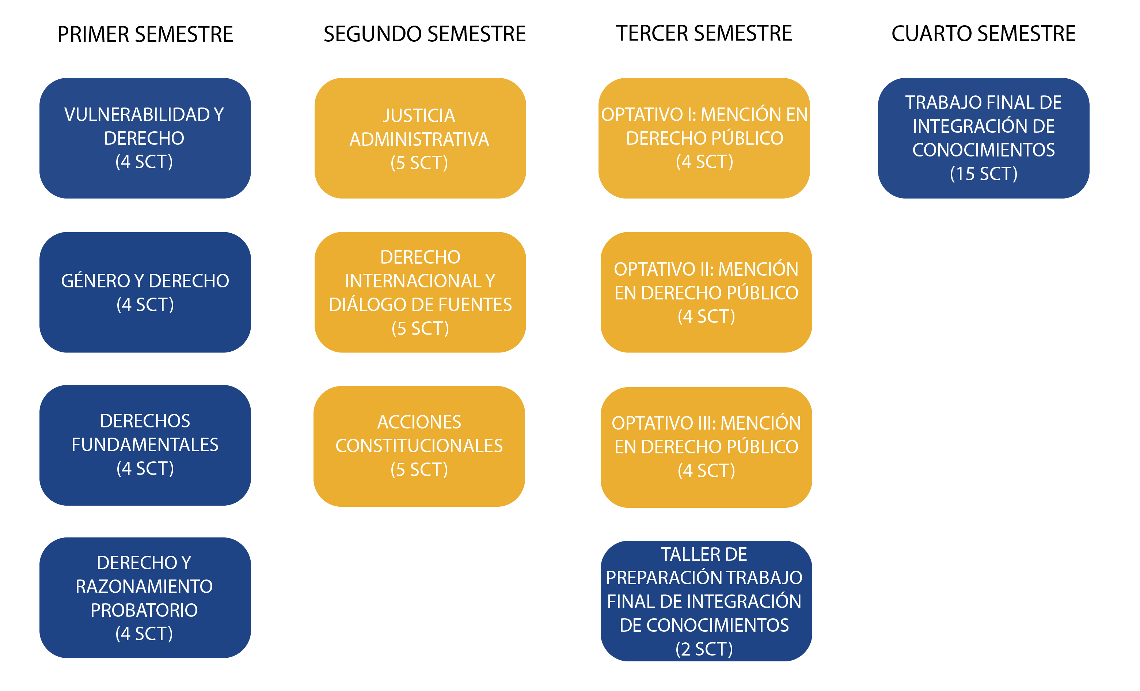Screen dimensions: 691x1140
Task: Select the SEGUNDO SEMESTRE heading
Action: (x=424, y=34)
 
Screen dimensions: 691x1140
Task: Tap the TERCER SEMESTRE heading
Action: (x=704, y=33)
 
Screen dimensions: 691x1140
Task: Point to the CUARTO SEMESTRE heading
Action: (x=983, y=34)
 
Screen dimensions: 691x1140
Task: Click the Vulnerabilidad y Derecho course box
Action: (x=145, y=138)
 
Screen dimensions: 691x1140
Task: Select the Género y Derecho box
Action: (x=145, y=292)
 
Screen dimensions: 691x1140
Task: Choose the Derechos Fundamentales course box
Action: (x=145, y=445)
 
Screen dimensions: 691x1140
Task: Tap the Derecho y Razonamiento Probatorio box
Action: (x=145, y=597)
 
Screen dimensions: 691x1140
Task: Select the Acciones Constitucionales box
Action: (x=419, y=446)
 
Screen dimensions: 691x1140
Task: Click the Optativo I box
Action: (x=704, y=138)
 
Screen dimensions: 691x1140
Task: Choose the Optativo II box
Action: (x=706, y=292)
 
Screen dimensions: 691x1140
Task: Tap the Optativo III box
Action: (x=706, y=447)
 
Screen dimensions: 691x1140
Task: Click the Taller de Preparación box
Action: (x=706, y=600)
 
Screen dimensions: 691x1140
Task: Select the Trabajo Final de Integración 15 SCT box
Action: (x=983, y=138)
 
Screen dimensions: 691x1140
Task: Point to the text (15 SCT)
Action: (x=983, y=174)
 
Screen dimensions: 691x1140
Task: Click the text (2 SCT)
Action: (x=704, y=649)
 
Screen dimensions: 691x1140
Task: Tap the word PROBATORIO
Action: (x=144, y=610)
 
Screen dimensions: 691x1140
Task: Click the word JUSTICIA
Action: (x=419, y=116)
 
